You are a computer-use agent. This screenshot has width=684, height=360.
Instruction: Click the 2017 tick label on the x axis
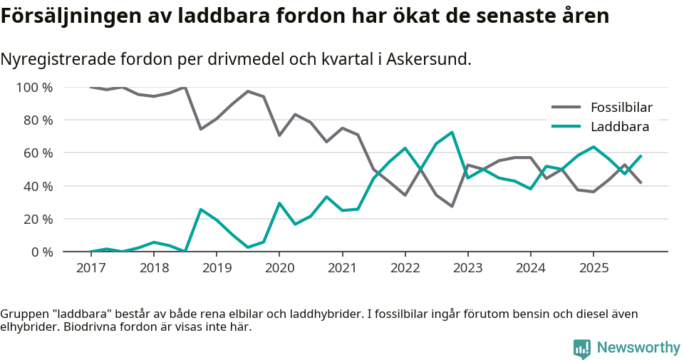coord(90,267)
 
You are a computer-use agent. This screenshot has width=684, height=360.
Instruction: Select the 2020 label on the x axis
coord(279,267)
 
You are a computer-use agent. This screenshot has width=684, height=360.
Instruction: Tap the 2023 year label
coord(467,267)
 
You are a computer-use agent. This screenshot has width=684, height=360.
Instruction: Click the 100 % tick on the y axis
coord(35,88)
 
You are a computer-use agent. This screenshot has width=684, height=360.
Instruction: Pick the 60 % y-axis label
coord(38,153)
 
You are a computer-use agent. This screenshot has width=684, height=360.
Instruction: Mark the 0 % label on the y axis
coord(41,252)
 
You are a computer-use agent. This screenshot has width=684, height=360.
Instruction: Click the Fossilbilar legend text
coord(621,108)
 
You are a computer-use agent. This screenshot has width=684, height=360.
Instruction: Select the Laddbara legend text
coord(619,127)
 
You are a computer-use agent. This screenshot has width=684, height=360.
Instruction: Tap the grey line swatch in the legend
coord(566,108)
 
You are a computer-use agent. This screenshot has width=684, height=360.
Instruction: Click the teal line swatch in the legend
coord(566,127)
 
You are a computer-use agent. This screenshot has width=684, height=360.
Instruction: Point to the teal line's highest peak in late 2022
coord(452,132)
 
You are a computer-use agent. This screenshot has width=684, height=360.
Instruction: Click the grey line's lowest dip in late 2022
coord(452,206)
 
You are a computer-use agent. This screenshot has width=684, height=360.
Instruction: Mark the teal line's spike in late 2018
coord(201,210)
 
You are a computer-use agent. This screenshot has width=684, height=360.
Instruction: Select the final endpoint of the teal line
coord(641,155)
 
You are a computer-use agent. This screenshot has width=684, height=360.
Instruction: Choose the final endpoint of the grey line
coord(641,183)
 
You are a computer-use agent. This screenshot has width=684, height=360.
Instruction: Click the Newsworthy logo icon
coord(581,348)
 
